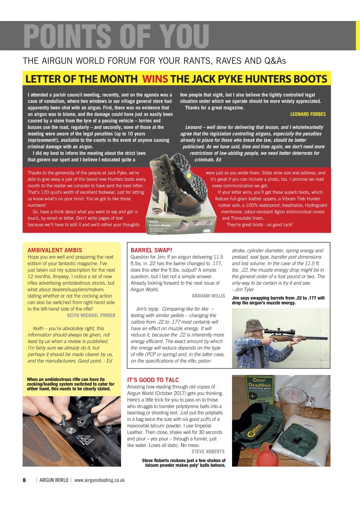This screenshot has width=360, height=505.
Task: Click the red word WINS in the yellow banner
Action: tap(156, 79)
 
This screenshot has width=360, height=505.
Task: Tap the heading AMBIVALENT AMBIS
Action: tap(55, 250)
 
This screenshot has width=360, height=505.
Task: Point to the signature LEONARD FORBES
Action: tap(308, 114)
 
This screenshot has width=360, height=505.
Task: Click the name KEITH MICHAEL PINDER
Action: tap(91, 315)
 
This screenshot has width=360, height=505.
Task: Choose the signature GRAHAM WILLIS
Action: tap(208, 296)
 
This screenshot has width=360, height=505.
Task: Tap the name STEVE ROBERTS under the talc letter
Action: tap(208, 451)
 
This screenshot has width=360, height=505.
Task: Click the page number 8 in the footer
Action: tap(24, 480)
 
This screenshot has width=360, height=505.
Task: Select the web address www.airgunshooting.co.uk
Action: tap(99, 480)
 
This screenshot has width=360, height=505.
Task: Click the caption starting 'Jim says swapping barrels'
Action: tap(278, 301)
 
